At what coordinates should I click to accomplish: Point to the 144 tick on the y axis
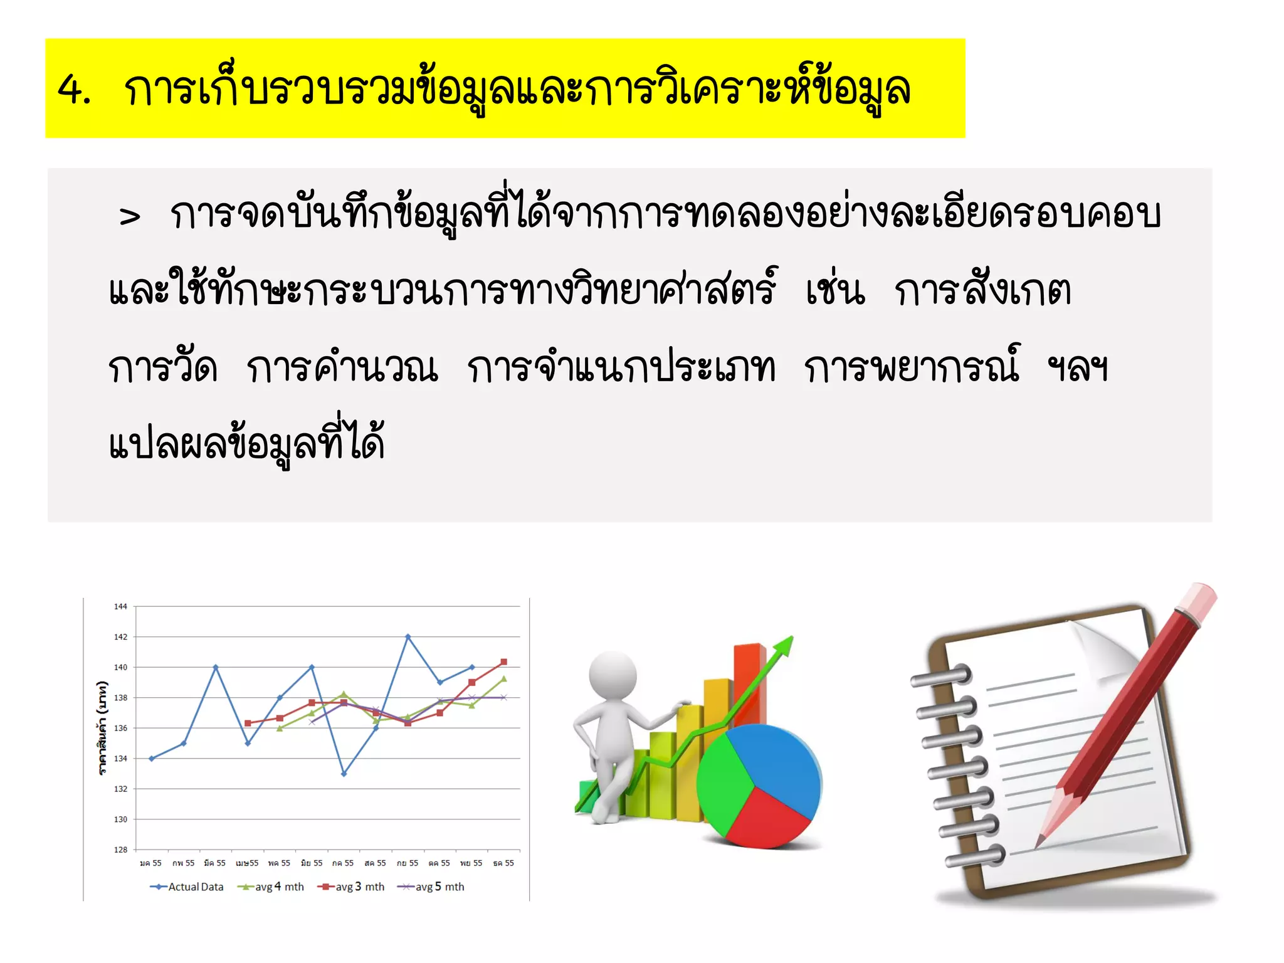pyautogui.click(x=120, y=606)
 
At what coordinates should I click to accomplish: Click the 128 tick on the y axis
pyautogui.click(x=120, y=850)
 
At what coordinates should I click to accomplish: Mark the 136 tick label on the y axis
pyautogui.click(x=120, y=728)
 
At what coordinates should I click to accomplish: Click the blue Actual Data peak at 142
pyautogui.click(x=408, y=636)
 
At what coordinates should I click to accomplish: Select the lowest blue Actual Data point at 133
pyautogui.click(x=344, y=774)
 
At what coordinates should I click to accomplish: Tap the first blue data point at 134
pyautogui.click(x=151, y=758)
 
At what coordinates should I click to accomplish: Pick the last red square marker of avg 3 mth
pyautogui.click(x=503, y=662)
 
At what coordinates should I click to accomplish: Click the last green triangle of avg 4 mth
pyautogui.click(x=503, y=678)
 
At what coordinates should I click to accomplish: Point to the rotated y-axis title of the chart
pyautogui.click(x=102, y=727)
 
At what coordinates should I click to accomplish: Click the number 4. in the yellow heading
pyautogui.click(x=74, y=90)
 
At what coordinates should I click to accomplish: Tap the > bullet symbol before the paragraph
pyautogui.click(x=130, y=217)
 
